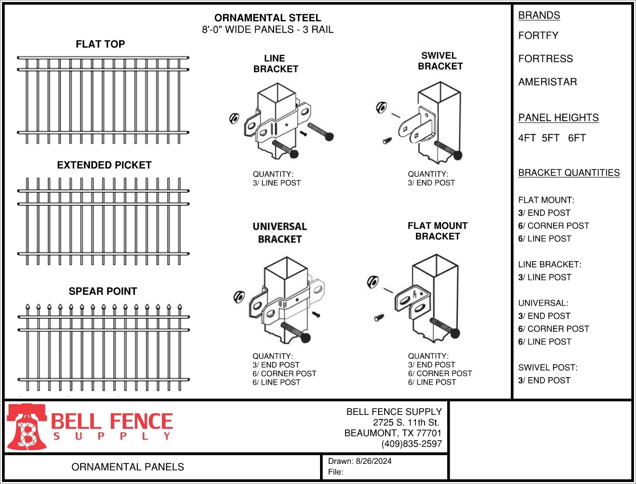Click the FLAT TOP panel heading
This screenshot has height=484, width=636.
100,44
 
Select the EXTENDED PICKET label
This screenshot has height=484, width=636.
104,165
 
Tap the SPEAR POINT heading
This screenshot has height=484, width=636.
102,291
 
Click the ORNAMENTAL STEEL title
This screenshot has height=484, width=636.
268,18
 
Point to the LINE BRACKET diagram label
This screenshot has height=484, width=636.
275,64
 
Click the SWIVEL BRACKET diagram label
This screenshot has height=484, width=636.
440,61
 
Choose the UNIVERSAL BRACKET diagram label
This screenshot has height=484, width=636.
280,233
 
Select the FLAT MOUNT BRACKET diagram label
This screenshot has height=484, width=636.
438,231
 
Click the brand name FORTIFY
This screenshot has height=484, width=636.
538,36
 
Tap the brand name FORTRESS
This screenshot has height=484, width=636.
545,59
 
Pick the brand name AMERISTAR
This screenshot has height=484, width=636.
547,82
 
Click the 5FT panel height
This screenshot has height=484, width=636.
550,138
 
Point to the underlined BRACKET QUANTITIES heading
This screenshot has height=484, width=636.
569,173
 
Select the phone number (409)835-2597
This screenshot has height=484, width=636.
411,444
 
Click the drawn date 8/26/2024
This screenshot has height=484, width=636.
374,461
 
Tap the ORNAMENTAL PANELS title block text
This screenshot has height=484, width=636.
128,467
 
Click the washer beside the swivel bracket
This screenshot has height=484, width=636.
381,107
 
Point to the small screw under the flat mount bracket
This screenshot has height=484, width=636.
379,318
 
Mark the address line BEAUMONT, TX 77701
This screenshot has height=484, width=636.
393,433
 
